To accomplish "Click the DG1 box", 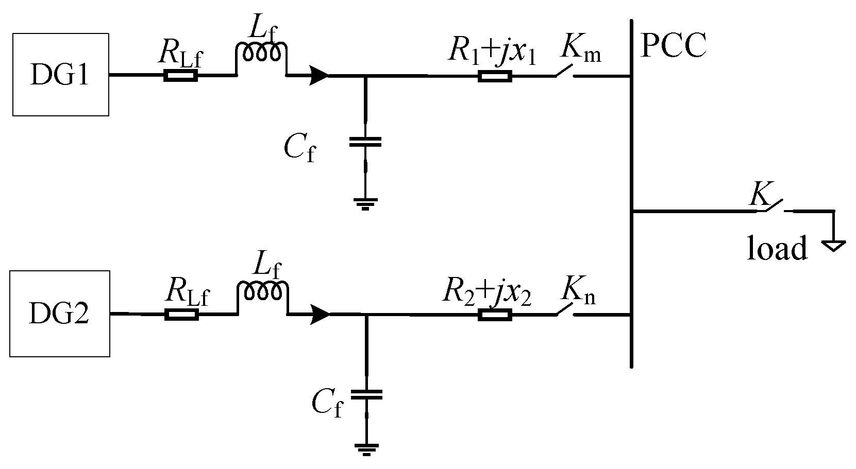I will (60, 75).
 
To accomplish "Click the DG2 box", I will (60, 314).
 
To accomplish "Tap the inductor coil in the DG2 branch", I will (262, 291).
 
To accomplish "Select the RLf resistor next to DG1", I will (180, 76).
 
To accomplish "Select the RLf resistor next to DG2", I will (181, 315).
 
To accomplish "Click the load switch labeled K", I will (773, 205).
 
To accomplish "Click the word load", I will (777, 249).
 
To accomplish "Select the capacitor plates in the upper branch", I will (365, 142).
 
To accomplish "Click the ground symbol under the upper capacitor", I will (365, 203).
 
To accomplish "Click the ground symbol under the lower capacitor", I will (366, 449).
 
